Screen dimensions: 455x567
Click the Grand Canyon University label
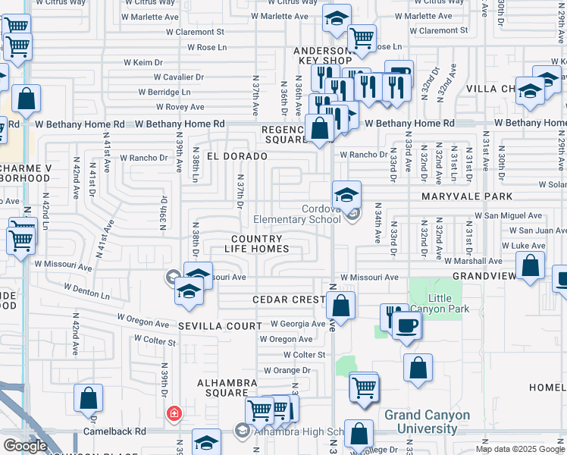[x=427, y=422]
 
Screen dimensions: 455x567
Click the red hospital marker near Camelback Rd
[x=174, y=413]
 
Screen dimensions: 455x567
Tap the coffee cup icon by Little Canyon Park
[x=408, y=325]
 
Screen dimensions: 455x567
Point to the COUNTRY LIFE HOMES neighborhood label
[x=260, y=243]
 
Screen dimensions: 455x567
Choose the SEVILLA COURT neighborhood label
[x=209, y=325]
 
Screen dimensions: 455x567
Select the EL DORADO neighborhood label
[x=237, y=156]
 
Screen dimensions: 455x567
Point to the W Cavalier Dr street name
[x=178, y=77]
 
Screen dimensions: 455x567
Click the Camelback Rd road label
[x=120, y=431]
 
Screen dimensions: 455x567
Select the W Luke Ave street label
[x=522, y=246]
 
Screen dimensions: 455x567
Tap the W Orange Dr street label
[x=287, y=370]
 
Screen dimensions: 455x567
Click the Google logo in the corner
[x=25, y=446]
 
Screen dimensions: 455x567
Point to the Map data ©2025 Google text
[x=519, y=449]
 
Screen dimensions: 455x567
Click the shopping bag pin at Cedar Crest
[x=342, y=306]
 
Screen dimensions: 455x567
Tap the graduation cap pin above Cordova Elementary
[x=346, y=194]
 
